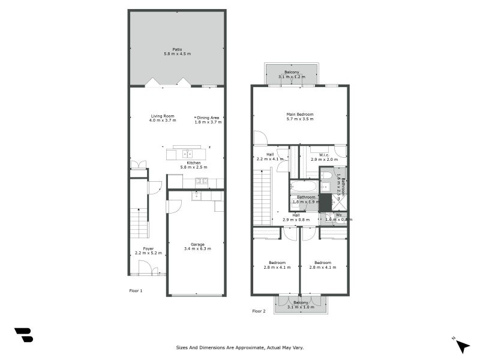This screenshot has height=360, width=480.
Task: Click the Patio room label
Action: (177, 52)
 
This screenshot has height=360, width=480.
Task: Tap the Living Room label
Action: (162, 118)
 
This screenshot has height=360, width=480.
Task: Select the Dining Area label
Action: (208, 119)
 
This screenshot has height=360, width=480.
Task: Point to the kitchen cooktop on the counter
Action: (202, 182)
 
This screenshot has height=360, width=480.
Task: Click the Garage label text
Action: (197, 247)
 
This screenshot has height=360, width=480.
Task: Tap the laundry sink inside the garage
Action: (197, 196)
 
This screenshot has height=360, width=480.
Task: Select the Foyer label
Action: (148, 251)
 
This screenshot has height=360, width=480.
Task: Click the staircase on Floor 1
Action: (139, 223)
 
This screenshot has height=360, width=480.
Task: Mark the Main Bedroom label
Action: (299, 116)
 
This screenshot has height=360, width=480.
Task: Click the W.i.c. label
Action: (324, 157)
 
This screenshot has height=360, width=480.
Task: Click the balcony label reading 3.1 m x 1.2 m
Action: (292, 74)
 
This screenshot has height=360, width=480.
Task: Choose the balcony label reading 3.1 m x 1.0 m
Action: (300, 305)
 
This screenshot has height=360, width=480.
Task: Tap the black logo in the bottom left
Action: (23, 335)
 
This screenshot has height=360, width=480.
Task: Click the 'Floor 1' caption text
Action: (136, 290)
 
